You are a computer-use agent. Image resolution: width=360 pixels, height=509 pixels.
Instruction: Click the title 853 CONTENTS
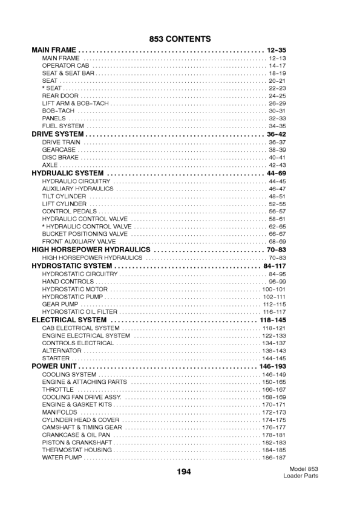(x=180, y=39)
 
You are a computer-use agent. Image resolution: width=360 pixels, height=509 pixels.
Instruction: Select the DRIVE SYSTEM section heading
(x=57, y=134)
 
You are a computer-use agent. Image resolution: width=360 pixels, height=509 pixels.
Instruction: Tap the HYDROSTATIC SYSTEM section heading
(x=71, y=266)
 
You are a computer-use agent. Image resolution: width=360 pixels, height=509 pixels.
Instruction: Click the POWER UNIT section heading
(x=54, y=366)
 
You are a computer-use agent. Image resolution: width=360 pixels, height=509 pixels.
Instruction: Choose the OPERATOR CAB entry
(x=65, y=65)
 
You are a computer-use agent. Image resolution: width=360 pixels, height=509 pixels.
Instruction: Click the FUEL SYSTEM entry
(x=63, y=126)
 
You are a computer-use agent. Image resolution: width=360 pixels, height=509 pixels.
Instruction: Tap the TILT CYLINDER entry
(x=64, y=196)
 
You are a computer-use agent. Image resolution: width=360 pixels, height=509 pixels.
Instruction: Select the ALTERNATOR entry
(x=62, y=351)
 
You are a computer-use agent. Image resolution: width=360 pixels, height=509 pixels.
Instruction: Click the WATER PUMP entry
(x=62, y=458)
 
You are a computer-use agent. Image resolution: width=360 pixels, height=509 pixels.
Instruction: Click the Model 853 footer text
(x=304, y=469)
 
